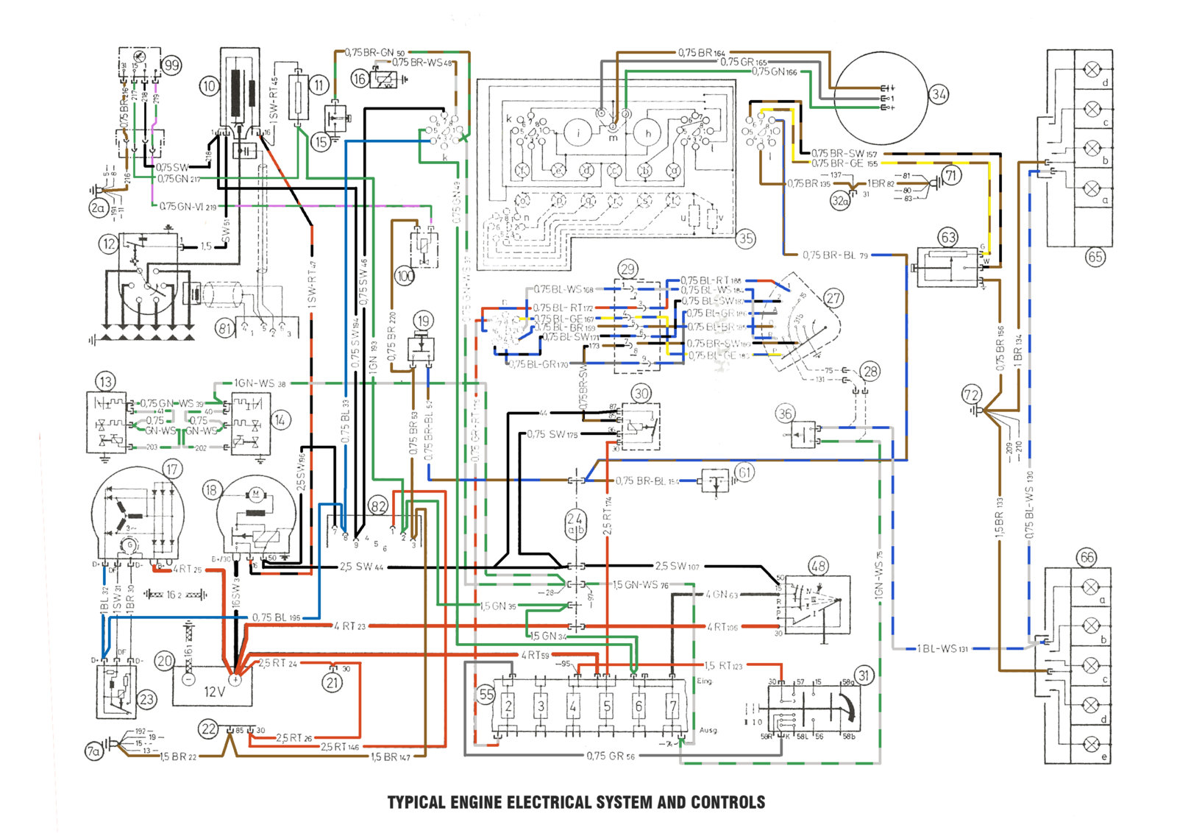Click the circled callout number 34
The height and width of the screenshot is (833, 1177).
point(939,94)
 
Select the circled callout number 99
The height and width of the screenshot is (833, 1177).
point(171,65)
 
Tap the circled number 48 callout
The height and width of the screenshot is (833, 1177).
point(818,566)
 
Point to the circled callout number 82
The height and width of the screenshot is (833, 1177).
point(378,506)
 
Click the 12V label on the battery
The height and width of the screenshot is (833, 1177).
point(214,692)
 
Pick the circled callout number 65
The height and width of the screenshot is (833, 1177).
point(1095,257)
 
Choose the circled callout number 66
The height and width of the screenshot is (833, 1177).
point(1087,557)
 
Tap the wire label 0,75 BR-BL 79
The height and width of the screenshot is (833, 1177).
point(835,255)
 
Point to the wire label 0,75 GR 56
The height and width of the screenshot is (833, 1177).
point(610,756)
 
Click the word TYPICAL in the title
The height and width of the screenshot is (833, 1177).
point(416,802)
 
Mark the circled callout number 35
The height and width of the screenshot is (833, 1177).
point(746,238)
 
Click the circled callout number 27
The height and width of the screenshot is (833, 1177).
point(833,298)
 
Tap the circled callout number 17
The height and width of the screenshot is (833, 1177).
point(171,469)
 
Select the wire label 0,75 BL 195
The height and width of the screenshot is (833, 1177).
point(276,617)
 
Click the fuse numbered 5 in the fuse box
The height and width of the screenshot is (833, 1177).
point(607,706)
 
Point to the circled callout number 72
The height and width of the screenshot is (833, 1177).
point(971,395)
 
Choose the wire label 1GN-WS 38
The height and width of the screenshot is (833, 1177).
point(260,383)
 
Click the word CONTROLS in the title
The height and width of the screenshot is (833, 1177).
point(728,802)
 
